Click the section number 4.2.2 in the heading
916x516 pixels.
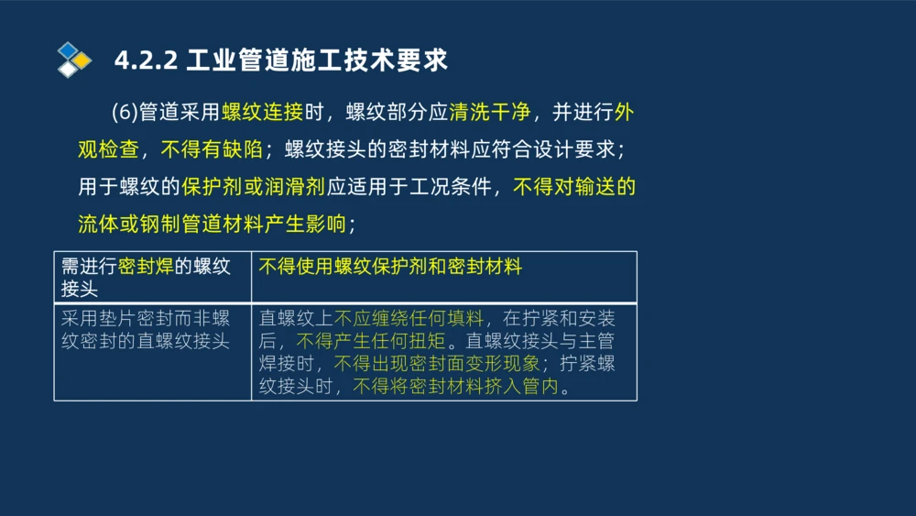[146, 60]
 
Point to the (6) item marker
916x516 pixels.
[124, 113]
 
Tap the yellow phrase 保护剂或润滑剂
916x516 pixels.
[254, 187]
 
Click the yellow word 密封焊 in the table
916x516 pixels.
[146, 267]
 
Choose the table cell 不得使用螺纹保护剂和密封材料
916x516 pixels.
[390, 267]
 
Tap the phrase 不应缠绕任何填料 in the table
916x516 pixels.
[409, 319]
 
